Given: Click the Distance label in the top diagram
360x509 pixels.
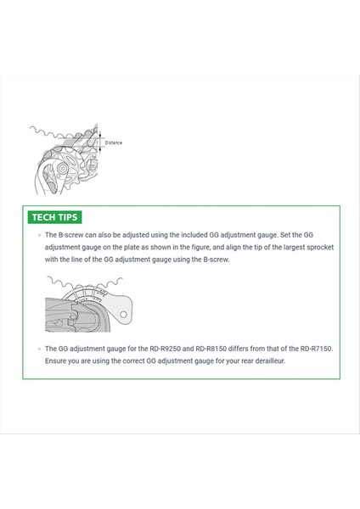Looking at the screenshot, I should pos(113,143).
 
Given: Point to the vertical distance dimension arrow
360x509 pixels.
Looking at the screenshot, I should pos(100,143).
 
